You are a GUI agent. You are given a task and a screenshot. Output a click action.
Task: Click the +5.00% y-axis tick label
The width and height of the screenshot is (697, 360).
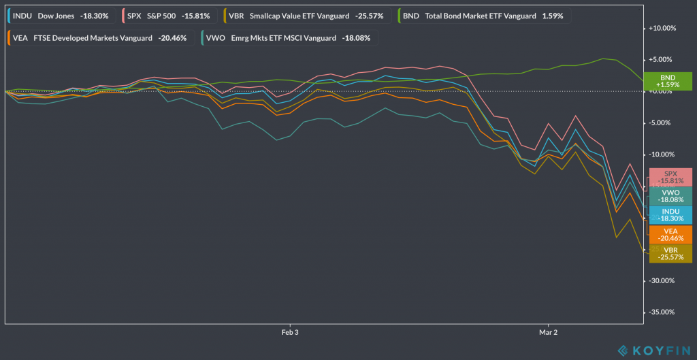coord(663,60)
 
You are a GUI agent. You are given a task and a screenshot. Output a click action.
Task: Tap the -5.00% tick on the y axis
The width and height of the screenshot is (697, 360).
coord(664,123)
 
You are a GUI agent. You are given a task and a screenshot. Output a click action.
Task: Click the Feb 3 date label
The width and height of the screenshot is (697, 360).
coord(291,333)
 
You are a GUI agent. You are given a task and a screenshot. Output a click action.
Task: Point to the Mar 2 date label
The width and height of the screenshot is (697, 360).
coord(548,333)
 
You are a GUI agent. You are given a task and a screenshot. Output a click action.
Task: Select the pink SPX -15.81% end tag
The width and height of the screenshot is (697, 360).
coord(670,178)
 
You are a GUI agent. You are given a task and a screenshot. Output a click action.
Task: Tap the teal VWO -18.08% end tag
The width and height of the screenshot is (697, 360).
coord(670,196)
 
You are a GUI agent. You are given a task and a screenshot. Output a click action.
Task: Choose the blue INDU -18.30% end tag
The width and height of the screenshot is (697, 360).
coord(670,214)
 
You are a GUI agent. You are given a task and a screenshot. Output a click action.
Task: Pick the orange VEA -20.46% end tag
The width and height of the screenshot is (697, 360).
coord(670,234)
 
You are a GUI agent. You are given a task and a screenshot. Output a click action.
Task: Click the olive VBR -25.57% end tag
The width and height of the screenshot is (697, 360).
coord(670,253)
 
